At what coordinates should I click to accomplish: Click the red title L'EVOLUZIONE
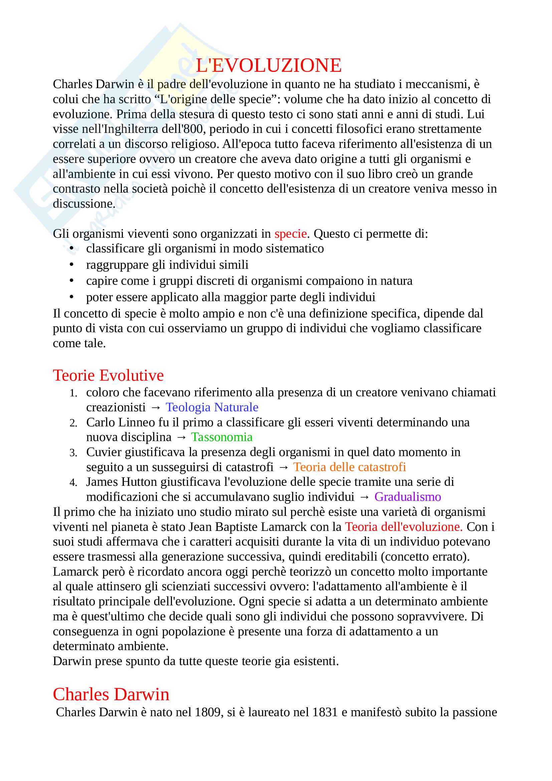point(268,65)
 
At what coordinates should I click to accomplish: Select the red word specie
point(291,234)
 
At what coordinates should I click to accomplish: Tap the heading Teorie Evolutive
point(108,376)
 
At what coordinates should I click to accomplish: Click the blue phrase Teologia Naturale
point(212,407)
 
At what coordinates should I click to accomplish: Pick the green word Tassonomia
point(222,437)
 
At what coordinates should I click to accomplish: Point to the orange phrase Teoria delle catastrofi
point(350,467)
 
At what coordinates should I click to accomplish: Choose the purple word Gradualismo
point(407,497)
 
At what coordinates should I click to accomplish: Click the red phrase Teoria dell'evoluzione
point(404,527)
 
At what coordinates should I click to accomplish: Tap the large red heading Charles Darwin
point(111,694)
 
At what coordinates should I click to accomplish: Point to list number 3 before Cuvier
point(73,453)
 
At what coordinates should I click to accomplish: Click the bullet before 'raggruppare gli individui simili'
point(71,264)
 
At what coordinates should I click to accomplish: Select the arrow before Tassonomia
point(181,437)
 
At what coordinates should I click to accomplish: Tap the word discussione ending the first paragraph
point(84,204)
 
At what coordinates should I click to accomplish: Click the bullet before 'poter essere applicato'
point(71,297)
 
